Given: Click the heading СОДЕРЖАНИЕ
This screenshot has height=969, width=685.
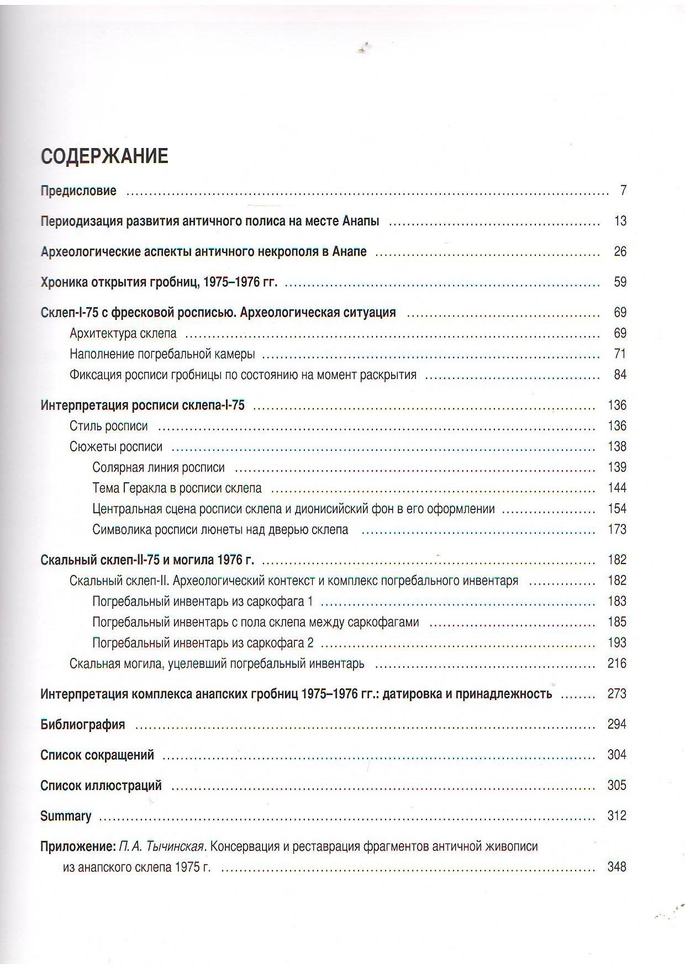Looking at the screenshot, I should (x=104, y=156).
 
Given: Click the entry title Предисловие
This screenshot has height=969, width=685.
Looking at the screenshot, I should (x=78, y=191).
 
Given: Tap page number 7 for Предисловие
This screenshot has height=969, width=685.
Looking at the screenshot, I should (x=623, y=191).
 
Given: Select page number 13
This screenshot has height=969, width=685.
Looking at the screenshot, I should (x=620, y=221).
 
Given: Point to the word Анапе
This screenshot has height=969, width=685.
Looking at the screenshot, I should (x=350, y=252).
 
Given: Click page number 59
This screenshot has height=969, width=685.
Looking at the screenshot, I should (x=620, y=282).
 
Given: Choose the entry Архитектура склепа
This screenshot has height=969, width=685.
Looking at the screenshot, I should (x=123, y=334).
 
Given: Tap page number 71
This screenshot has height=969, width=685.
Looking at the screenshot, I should (x=620, y=354).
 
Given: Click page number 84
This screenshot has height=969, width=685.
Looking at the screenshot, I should (x=620, y=375).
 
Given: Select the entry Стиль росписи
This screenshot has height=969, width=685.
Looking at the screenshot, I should (x=109, y=426).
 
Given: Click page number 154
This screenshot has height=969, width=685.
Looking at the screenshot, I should (x=617, y=509).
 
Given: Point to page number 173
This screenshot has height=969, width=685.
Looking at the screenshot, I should (x=617, y=529).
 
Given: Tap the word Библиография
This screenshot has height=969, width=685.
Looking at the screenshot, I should (x=83, y=725).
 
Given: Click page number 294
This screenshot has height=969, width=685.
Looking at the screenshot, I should (x=617, y=724).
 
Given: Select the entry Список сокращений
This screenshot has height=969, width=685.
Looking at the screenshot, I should (x=97, y=755).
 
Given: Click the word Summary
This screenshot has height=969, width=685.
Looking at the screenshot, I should (x=66, y=816).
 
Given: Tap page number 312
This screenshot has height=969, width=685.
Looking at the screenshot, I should (x=617, y=815).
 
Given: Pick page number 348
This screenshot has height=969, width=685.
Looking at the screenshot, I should (x=617, y=867).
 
